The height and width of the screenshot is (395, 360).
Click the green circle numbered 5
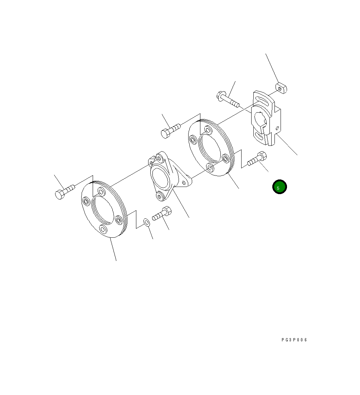tap(279, 187)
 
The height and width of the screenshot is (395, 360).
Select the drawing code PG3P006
tap(294, 340)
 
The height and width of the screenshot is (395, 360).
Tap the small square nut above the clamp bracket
tap(281, 88)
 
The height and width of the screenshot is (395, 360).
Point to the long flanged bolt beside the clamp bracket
tap(228, 99)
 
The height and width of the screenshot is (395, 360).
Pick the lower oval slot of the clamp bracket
tap(259, 136)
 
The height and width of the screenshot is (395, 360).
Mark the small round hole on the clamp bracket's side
tap(277, 128)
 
